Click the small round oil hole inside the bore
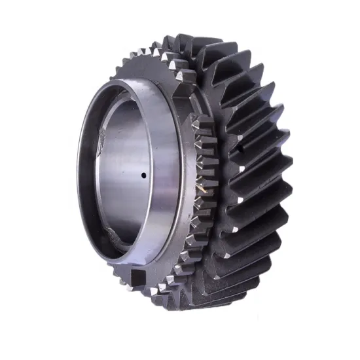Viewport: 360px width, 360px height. [x=144, y=175]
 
